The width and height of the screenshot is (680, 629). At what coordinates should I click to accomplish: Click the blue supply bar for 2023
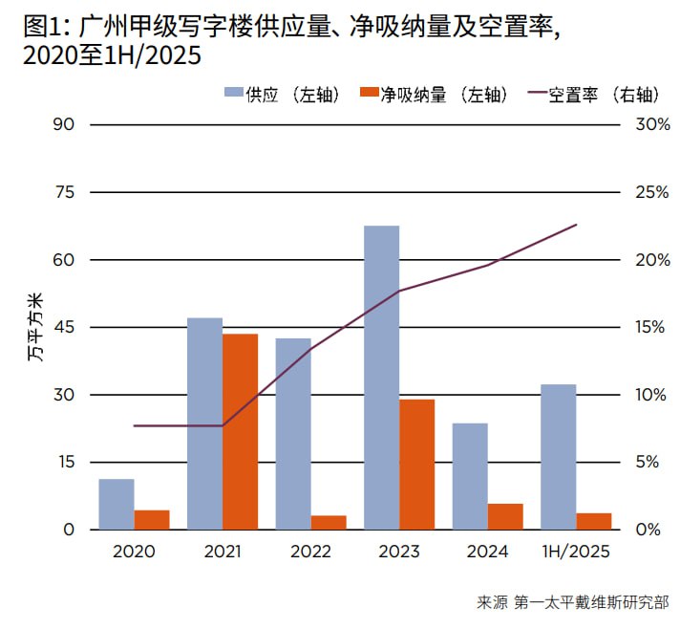pos(382,378)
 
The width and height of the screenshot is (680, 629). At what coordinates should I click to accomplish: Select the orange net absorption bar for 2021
pos(241,431)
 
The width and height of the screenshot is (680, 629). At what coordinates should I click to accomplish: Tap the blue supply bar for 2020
pos(117,504)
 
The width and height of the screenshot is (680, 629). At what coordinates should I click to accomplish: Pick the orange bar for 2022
pos(329,522)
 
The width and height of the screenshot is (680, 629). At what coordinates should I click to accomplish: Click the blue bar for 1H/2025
pos(559,457)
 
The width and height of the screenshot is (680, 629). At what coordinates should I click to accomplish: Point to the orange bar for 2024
pos(505,516)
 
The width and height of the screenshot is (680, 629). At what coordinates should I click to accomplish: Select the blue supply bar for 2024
pos(470,476)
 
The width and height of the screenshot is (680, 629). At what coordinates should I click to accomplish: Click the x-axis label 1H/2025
pos(576,552)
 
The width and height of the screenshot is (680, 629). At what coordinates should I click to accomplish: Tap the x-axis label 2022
pos(310,552)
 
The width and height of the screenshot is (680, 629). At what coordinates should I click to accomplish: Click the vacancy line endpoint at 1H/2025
pos(576,225)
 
